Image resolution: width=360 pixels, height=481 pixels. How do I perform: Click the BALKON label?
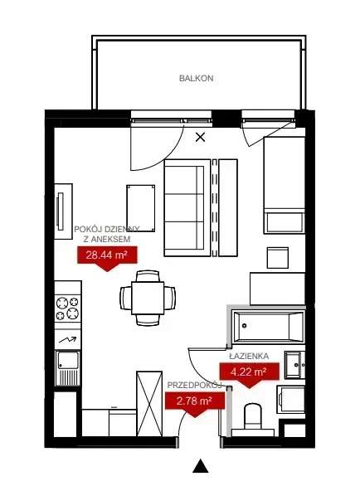coord(196,79)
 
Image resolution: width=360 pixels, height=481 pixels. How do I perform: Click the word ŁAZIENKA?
coord(248,356)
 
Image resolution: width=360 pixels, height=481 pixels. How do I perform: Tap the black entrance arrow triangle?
coord(199,465)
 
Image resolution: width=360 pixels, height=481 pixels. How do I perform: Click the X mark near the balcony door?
coord(200,138)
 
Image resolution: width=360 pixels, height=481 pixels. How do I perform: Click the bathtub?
coord(268,327)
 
